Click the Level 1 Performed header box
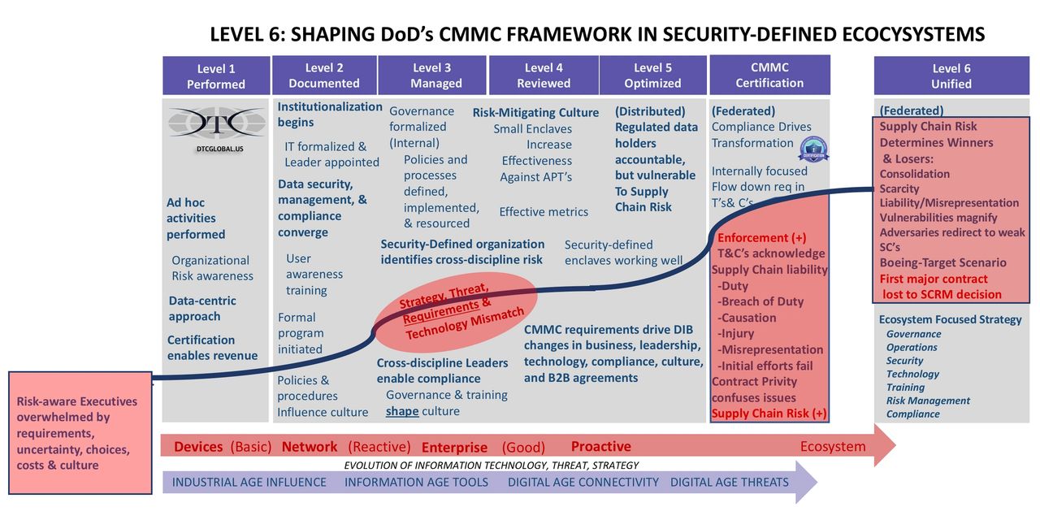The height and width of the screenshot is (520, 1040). pos(216,76)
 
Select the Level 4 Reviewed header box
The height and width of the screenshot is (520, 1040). pos(544,76)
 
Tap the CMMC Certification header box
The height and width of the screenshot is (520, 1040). pos(769,75)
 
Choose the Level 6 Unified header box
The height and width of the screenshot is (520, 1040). pos(951,76)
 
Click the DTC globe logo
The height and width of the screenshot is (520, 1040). pos(217,123)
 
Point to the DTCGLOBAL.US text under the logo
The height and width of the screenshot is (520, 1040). pos(220,149)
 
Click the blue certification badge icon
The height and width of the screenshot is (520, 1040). pos(813,149)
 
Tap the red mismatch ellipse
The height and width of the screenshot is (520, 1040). pos(455,312)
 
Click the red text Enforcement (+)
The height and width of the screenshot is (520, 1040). pos(762,238)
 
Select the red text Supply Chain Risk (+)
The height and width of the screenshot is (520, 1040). pos(769,414)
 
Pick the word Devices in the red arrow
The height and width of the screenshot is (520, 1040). pos(198,447)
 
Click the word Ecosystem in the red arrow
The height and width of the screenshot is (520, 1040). pos(833,447)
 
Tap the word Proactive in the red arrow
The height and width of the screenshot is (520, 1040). pos(600,446)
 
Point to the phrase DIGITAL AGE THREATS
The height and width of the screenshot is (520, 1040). pos(730,483)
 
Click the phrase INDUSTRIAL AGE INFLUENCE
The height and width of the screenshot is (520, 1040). pos(249,483)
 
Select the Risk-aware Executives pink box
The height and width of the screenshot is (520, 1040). pos(80,433)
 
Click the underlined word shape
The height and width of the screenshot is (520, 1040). pos(402,411)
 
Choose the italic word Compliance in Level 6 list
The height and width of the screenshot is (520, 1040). pos(912,414)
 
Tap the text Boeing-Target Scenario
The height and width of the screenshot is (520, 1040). pos(943,262)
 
